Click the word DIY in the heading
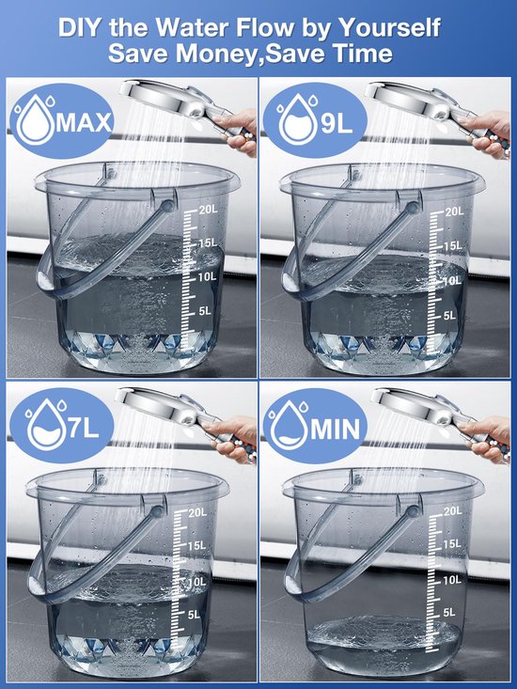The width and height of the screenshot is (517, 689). click(x=82, y=25)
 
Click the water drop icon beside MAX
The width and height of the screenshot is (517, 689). click(x=36, y=122)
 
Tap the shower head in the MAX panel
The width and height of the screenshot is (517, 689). click(x=156, y=99)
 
